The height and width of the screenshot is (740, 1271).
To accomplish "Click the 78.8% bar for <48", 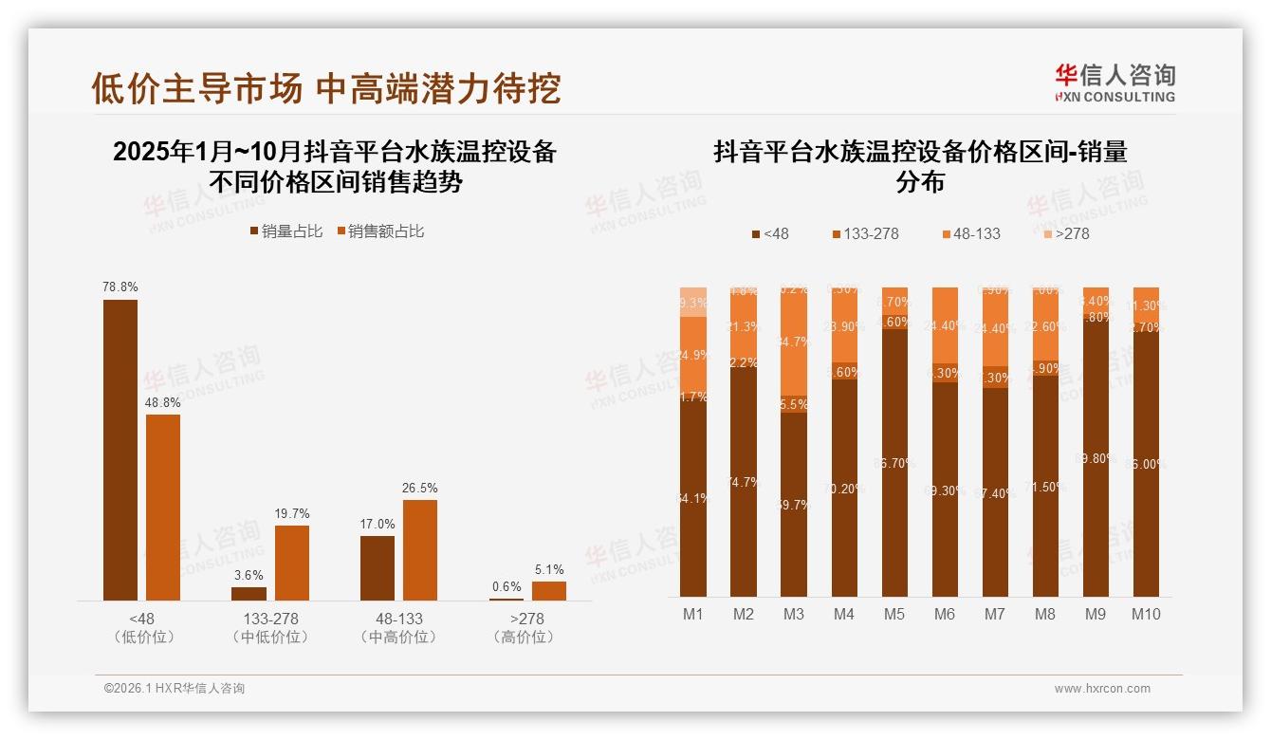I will pos(120,450).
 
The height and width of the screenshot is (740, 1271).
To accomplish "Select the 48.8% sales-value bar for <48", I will pos(163,508).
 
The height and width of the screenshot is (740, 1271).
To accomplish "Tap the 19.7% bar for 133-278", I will pos(292,563).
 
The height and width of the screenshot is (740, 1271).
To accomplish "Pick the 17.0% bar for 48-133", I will pos(378,568).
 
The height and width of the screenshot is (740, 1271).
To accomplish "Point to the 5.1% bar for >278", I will pos(549,591).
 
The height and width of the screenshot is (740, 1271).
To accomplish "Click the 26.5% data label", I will pos(420,488).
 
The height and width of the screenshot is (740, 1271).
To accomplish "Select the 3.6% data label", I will pos(249,575).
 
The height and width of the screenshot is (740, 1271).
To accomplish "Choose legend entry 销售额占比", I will pos(380,231).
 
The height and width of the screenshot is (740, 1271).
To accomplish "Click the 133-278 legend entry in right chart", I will pos(865,233).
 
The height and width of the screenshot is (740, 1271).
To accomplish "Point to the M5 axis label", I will pos(893,614).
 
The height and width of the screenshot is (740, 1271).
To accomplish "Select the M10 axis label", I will pos(1146,614).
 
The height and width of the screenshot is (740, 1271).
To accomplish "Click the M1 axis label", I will pos(693,614).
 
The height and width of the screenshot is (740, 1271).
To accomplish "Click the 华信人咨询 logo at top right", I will pos(1114,83).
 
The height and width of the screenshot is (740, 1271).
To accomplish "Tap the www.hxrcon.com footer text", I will pos(1102,689).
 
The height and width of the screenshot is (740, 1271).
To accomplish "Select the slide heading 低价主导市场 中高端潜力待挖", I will pos(325,88).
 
